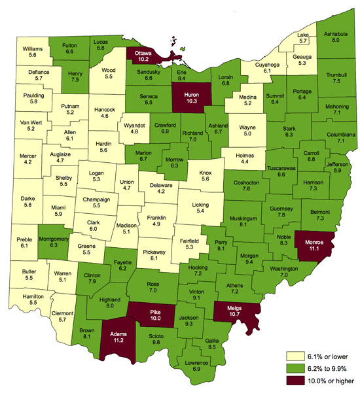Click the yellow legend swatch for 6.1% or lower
pyautogui.click(x=295, y=356)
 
